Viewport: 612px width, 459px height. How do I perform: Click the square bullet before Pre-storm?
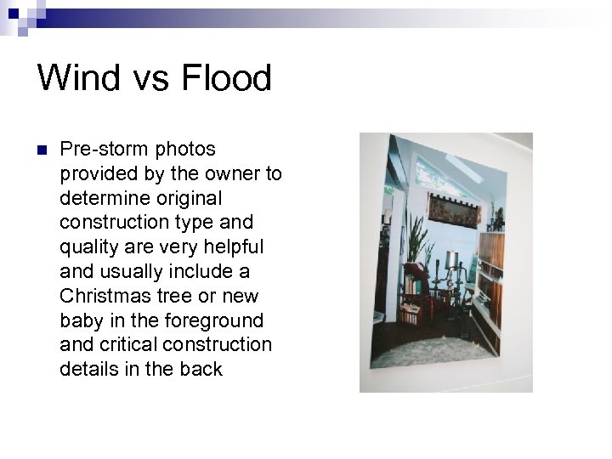[x=42, y=151]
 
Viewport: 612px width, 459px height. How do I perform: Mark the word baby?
[x=78, y=320]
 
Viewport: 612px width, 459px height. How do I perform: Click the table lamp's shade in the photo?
[x=452, y=260]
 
